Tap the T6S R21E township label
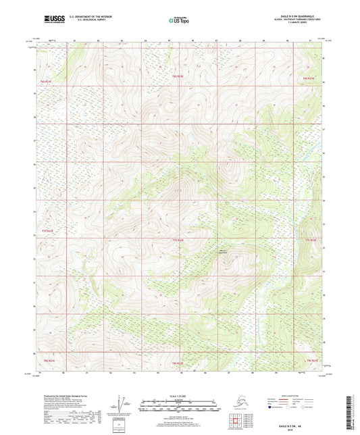(45, 81)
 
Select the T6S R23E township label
(309, 78)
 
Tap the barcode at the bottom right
(353, 412)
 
